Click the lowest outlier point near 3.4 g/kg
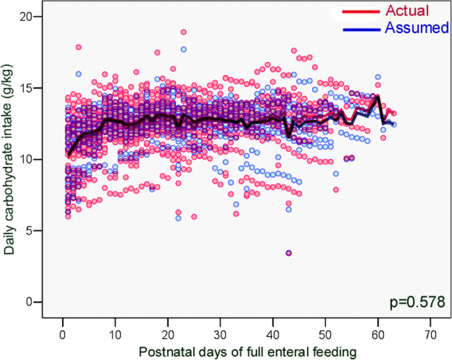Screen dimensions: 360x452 (288, 253)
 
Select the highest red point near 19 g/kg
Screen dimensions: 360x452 (183, 32)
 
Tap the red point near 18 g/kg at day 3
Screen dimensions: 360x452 (79, 47)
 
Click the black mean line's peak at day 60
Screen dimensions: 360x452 (377, 97)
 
